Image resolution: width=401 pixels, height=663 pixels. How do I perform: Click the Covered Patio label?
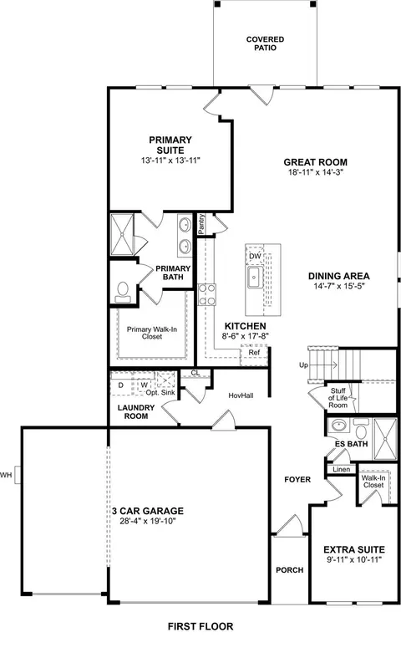coord(265,43)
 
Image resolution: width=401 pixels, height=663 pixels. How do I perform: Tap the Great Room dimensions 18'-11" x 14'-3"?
coord(316,172)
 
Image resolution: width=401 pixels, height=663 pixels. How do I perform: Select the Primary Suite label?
coord(170,145)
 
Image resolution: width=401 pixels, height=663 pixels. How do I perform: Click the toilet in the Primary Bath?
coord(123,292)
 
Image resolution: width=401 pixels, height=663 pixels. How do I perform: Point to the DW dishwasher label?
coord(255,256)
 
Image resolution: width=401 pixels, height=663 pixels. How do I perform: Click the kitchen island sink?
coord(255,278)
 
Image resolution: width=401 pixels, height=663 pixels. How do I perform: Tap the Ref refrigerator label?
coord(254,352)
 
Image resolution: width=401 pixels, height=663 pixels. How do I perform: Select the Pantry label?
coord(201,224)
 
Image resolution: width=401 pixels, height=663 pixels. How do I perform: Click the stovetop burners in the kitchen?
coord(207,294)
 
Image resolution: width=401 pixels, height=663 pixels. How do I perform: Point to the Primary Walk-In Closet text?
coord(152,333)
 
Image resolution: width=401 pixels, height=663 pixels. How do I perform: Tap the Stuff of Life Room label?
coord(338,398)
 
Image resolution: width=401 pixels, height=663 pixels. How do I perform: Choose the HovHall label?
coord(241,395)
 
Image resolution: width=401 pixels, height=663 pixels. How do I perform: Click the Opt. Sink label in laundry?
coord(160,393)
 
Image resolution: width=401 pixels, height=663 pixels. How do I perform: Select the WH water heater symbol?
coord(18,475)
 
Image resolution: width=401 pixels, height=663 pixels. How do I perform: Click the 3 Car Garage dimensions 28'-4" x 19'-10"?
coord(148,521)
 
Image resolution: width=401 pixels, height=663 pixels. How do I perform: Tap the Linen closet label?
coord(342,469)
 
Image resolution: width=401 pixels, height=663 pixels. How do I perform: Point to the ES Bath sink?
coord(339,425)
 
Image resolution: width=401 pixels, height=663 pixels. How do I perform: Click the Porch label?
coord(289,570)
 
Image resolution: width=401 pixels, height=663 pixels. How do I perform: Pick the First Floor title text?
coord(200,626)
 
